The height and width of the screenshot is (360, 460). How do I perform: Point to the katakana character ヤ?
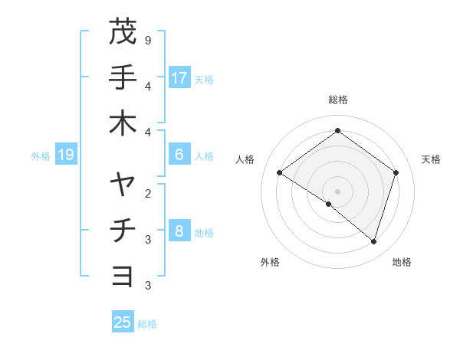pyautogui.click(x=122, y=185)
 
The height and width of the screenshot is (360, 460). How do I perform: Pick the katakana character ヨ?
pyautogui.click(x=122, y=277)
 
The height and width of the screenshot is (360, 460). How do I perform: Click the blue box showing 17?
pyautogui.click(x=179, y=78)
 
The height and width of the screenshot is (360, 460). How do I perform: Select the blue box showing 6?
pyautogui.click(x=179, y=155)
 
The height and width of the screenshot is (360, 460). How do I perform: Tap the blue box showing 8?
pyautogui.click(x=179, y=231)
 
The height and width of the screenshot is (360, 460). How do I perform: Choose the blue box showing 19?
pyautogui.click(x=65, y=155)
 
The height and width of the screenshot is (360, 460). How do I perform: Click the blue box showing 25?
pyautogui.click(x=123, y=322)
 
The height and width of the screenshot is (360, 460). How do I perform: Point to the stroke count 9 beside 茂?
pyautogui.click(x=148, y=39)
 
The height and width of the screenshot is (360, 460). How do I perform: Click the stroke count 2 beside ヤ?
pyautogui.click(x=148, y=192)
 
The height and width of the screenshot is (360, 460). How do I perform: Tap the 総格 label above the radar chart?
pyautogui.click(x=337, y=100)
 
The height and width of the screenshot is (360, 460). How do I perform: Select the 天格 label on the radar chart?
pyautogui.click(x=432, y=159)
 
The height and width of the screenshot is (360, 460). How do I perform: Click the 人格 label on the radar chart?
pyautogui.click(x=245, y=159)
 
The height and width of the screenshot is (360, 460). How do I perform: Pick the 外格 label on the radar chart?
pyautogui.click(x=270, y=262)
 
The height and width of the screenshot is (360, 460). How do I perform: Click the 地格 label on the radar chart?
pyautogui.click(x=402, y=262)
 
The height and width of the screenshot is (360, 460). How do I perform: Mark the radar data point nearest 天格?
pyautogui.click(x=396, y=173)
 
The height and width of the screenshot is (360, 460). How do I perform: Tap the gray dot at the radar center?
pyautogui.click(x=337, y=191)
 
